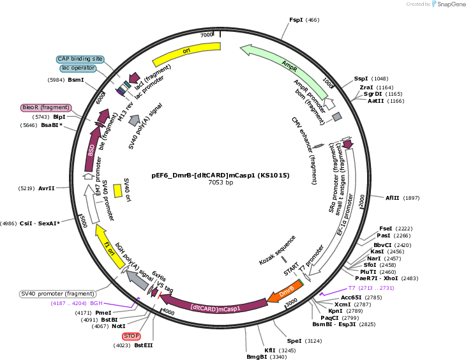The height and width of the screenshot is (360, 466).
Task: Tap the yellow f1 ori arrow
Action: pos(109,247)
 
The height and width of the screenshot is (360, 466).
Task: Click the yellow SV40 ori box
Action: pos(117,191)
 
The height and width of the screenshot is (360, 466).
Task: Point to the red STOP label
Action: pos(131,336)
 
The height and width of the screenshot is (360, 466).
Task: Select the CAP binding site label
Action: pos(80,59)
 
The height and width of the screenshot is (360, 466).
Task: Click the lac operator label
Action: pos(78,68)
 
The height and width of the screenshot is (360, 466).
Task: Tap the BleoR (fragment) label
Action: pos(46,108)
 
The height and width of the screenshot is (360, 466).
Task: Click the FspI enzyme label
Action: pos(296,20)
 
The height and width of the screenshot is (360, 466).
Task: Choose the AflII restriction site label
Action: pos(393,198)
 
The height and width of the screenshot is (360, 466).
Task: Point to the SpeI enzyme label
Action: pos(294,341)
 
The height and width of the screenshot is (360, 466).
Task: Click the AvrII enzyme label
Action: pos(47,188)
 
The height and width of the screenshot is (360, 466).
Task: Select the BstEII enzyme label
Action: pos(144,345)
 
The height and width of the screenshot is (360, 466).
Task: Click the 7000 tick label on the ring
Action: pos(207,34)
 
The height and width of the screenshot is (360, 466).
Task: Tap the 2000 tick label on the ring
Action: pos(362,201)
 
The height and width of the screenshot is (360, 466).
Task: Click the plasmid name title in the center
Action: pos(220,176)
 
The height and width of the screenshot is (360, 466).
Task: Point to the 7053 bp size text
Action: pos(220,183)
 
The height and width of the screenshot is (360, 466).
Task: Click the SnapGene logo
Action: pos(449,4)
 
